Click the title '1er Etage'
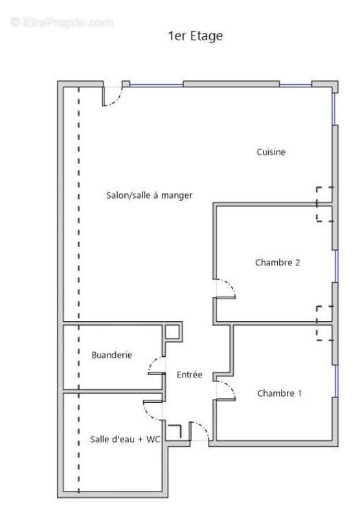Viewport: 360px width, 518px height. (195, 36)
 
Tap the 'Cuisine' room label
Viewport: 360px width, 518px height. (271, 152)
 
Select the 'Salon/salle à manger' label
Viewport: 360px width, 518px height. (149, 195)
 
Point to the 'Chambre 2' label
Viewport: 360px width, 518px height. (277, 262)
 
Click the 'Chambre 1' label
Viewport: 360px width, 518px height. (280, 393)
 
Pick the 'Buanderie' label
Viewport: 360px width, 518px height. (112, 355)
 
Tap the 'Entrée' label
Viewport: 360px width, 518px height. (189, 374)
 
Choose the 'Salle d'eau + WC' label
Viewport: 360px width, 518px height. (126, 439)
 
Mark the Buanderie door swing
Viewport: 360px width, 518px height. (156, 366)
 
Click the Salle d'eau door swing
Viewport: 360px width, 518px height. (151, 408)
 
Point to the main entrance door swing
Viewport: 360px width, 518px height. (200, 431)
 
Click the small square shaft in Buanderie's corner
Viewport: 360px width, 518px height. (172, 332)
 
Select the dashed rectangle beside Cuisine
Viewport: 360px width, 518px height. (324, 204)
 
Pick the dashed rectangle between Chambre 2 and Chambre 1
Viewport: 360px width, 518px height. (324, 322)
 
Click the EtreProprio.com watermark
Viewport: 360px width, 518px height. (62, 23)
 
